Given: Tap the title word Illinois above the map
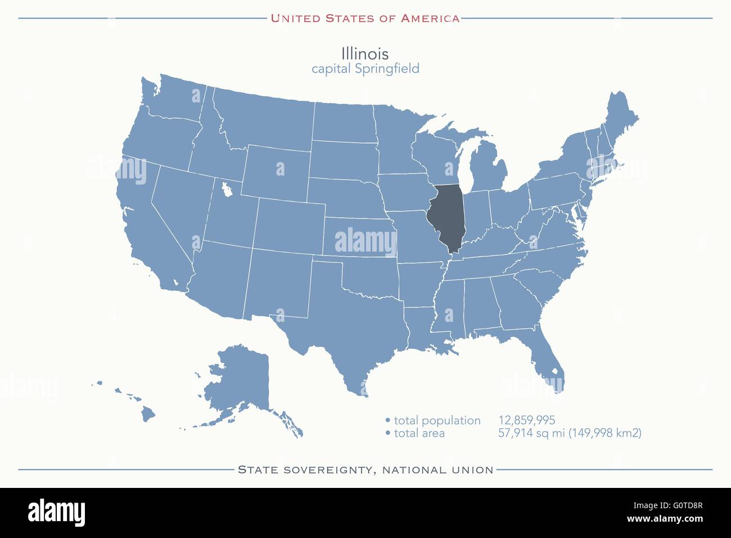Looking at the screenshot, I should pyautogui.click(x=365, y=53).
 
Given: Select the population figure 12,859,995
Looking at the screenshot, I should pyautogui.click(x=526, y=420).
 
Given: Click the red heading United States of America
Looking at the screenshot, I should pyautogui.click(x=365, y=18).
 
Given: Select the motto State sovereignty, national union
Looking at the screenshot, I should pyautogui.click(x=365, y=469).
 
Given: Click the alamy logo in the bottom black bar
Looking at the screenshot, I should pyautogui.click(x=56, y=512).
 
